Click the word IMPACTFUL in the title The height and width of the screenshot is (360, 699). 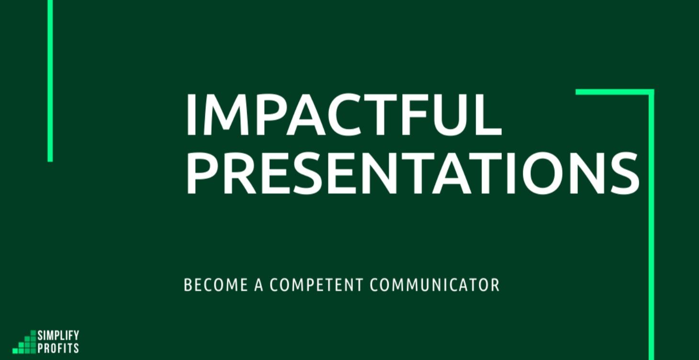(343, 115)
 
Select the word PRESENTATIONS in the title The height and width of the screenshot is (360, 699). (412, 173)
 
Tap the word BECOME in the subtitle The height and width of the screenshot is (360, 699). (216, 285)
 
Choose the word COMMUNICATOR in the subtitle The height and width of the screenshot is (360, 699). (434, 285)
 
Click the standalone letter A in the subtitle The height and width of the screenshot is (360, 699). (259, 285)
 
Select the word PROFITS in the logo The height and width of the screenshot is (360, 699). (58, 348)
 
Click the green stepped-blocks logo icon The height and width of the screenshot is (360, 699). (25, 342)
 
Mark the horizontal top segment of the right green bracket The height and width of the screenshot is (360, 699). (613, 92)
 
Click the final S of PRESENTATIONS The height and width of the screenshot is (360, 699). (623, 173)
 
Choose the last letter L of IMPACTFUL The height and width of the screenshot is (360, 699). (487, 115)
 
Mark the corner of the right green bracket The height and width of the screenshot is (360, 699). (651, 92)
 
